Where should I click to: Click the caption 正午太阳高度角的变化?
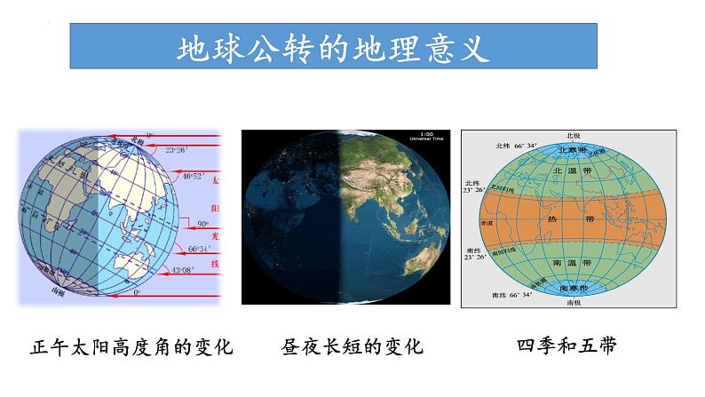[x=131, y=346]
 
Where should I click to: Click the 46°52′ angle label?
[x=194, y=178]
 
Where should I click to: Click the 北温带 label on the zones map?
[x=565, y=171]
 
